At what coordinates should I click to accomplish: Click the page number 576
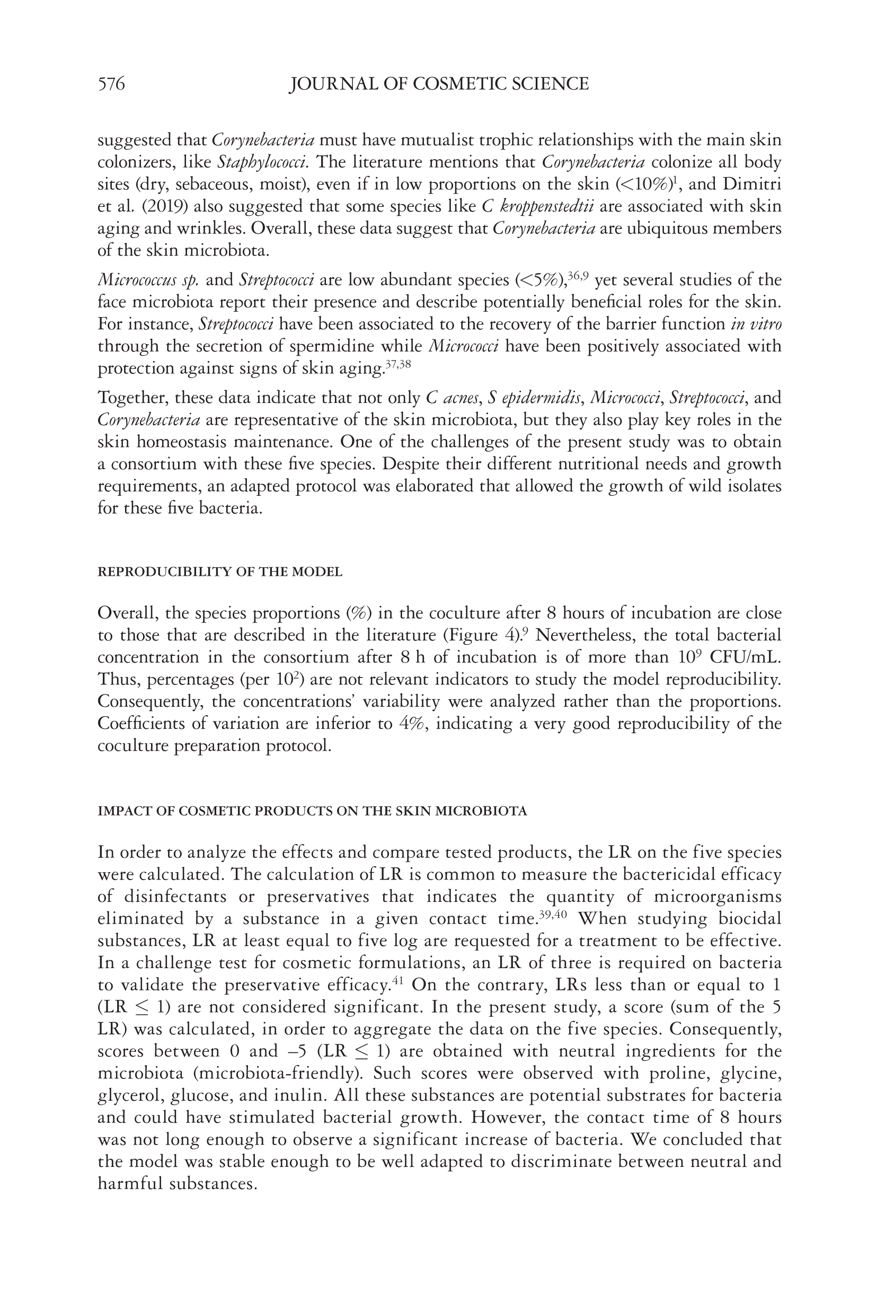pos(111,84)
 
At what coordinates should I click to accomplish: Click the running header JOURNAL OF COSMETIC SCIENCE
pos(439,84)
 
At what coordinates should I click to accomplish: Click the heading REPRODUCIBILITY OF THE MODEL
pos(219,572)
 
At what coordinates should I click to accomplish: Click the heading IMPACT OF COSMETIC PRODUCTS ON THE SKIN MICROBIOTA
pos(312,811)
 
